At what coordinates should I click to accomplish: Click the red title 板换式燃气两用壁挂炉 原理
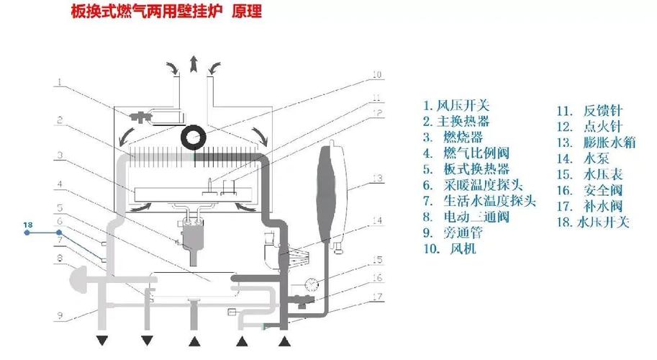pyautogui.click(x=166, y=12)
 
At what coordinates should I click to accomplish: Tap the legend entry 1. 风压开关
pyautogui.click(x=456, y=106)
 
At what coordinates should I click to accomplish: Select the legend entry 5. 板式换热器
pyautogui.click(x=466, y=169)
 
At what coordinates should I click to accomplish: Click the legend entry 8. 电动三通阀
pyautogui.click(x=466, y=217)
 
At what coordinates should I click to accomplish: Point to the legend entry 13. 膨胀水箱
pyautogui.click(x=597, y=143)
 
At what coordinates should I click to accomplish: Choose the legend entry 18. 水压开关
pyautogui.click(x=593, y=222)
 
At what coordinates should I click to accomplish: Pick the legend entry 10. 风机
pyautogui.click(x=450, y=249)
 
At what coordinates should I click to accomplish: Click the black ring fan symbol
pyautogui.click(x=194, y=137)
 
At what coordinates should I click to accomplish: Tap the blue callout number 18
pyautogui.click(x=27, y=225)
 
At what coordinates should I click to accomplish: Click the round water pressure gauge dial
pyautogui.click(x=312, y=285)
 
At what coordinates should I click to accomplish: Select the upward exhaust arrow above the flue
pyautogui.click(x=193, y=63)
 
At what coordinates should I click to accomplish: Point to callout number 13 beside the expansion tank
pyautogui.click(x=377, y=179)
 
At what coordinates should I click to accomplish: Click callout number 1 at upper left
pyautogui.click(x=60, y=82)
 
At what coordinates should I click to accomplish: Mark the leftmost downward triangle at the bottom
pyautogui.click(x=102, y=341)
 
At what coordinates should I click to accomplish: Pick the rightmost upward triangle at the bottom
pyautogui.click(x=285, y=341)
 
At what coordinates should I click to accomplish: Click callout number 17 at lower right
pyautogui.click(x=377, y=297)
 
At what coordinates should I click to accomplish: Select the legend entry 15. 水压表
pyautogui.click(x=589, y=174)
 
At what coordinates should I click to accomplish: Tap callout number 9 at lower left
pyautogui.click(x=60, y=315)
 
